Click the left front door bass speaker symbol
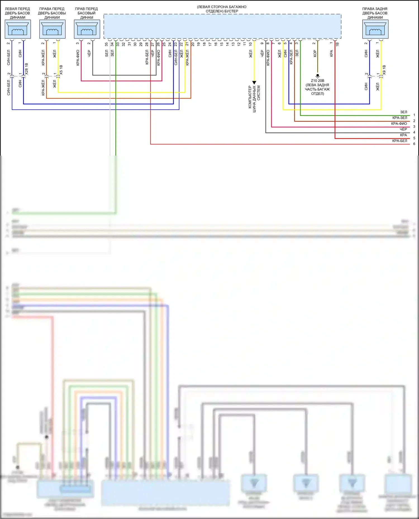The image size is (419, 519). click(x=18, y=29)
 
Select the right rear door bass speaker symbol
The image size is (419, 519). click(x=375, y=29)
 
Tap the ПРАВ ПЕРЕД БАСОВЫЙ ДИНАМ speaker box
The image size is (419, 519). click(x=87, y=29)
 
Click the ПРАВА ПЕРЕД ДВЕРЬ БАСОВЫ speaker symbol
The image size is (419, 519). click(x=52, y=29)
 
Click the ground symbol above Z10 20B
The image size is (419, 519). click(x=318, y=76)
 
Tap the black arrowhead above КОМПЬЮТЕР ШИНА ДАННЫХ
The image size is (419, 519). click(x=254, y=83)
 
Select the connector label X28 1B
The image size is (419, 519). click(x=27, y=69)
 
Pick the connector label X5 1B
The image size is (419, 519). click(x=61, y=70)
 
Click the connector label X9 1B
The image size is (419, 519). click(x=384, y=70)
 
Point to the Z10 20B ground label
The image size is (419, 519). click(x=318, y=81)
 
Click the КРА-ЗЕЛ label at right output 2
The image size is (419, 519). click(x=400, y=118)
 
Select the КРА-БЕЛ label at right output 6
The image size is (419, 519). click(x=400, y=141)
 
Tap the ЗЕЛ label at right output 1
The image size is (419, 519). click(x=404, y=112)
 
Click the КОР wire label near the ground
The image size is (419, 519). click(x=315, y=54)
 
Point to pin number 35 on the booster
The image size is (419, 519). click(x=106, y=44)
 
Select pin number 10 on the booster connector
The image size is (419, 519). click(x=250, y=44)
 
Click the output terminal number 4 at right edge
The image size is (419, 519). click(x=414, y=132)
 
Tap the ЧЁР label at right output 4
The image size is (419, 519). click(x=403, y=129)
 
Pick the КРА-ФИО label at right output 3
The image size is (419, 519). click(x=399, y=124)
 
